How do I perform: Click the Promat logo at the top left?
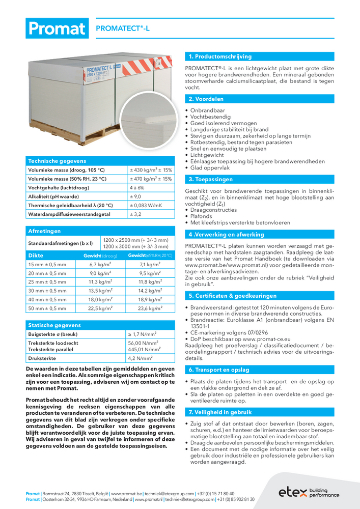[57, 29]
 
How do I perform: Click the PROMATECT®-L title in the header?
[123, 30]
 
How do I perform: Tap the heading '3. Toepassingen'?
[210, 180]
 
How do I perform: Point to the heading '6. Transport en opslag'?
[218, 370]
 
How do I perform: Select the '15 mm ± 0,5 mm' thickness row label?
[47, 265]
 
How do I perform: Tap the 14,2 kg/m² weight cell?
[150, 291]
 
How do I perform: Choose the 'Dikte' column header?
[36, 256]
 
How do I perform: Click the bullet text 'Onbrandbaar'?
[207, 110]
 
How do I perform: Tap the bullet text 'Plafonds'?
[202, 216]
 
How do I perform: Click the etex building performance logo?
[309, 492]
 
